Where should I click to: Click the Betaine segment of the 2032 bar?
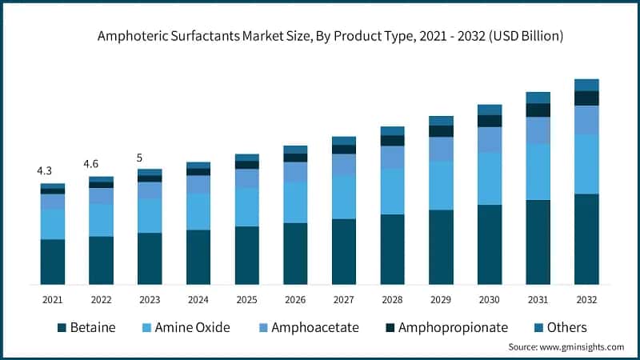click(x=586, y=238)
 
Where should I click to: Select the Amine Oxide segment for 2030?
click(x=490, y=178)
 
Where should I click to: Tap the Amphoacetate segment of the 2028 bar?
click(x=392, y=158)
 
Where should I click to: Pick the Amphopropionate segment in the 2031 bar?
click(x=538, y=110)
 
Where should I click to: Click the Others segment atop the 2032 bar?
click(x=586, y=85)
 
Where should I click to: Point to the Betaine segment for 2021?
click(x=53, y=262)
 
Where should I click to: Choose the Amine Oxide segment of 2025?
click(x=246, y=207)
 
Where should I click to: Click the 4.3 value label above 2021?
click(x=45, y=171)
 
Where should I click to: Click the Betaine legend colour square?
click(x=62, y=328)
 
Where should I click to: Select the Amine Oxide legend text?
click(x=192, y=328)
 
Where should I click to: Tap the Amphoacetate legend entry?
click(x=314, y=328)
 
